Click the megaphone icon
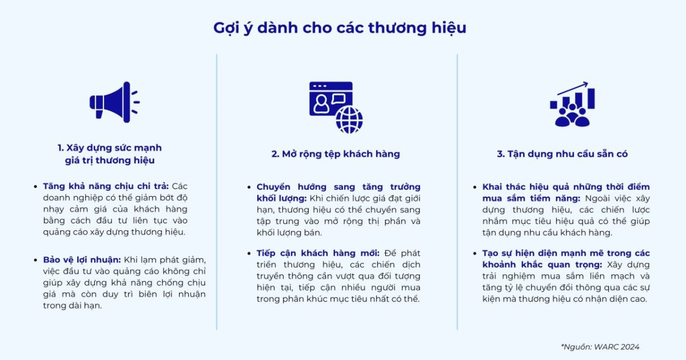click(x=113, y=102)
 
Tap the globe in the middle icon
click(x=349, y=120)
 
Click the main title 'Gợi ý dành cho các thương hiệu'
click(x=340, y=28)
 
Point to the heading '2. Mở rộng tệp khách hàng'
click(x=336, y=154)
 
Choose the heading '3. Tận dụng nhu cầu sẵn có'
click(x=563, y=154)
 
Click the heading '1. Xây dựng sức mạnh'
click(x=109, y=147)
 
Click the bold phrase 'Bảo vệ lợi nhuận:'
click(x=82, y=260)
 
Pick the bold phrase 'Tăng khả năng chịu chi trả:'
click(x=106, y=186)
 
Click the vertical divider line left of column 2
click(x=217, y=191)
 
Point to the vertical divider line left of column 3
click(x=457, y=191)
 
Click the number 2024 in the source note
click(x=629, y=347)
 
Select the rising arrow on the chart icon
click(x=573, y=89)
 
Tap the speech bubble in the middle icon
click(x=338, y=98)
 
